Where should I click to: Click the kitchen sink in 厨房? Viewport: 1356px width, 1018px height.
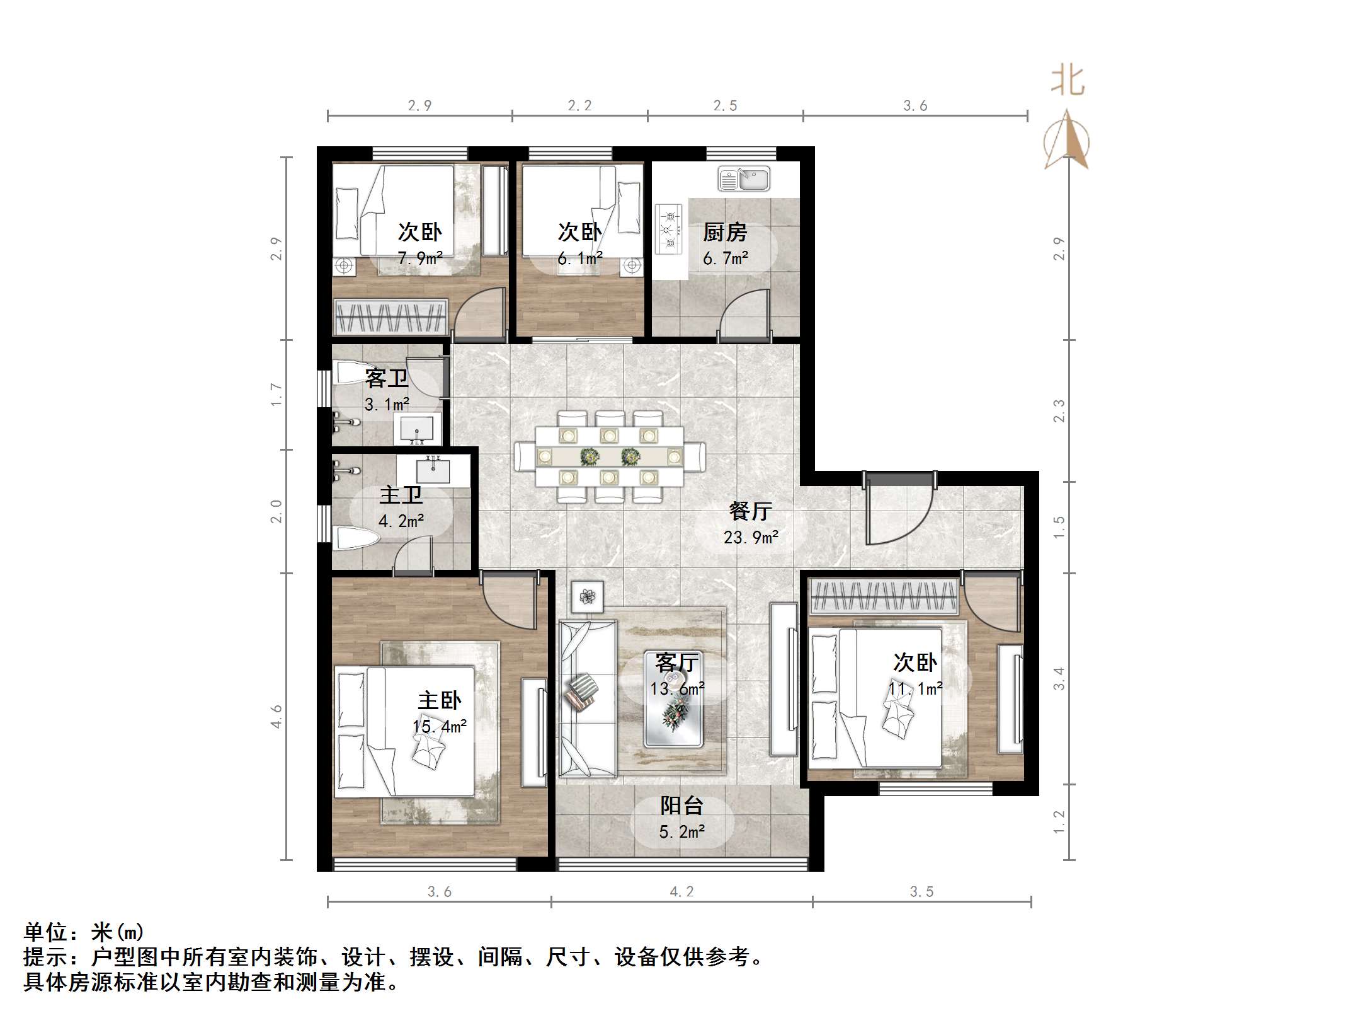pyautogui.click(x=743, y=180)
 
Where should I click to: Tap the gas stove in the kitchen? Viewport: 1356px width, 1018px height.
pyautogui.click(x=668, y=229)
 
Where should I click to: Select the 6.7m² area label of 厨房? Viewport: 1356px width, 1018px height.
pyautogui.click(x=726, y=259)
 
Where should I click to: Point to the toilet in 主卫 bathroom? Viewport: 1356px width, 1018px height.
pyautogui.click(x=355, y=538)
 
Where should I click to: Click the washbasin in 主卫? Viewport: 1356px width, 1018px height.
pyautogui.click(x=433, y=470)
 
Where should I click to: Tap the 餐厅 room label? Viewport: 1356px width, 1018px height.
pyautogui.click(x=749, y=511)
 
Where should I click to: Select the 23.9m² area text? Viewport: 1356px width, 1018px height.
pyautogui.click(x=751, y=538)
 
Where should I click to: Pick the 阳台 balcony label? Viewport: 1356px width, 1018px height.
pyautogui.click(x=681, y=806)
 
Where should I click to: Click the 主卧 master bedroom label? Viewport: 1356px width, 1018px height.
pyautogui.click(x=439, y=700)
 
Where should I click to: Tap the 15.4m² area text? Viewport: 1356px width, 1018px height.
pyautogui.click(x=439, y=727)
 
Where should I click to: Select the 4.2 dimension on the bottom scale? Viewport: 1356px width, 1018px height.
pyautogui.click(x=681, y=891)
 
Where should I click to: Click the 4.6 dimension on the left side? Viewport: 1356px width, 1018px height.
pyautogui.click(x=276, y=716)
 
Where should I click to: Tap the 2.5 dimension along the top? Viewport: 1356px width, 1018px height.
pyautogui.click(x=725, y=106)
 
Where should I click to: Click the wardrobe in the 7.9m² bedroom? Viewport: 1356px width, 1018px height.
pyautogui.click(x=390, y=316)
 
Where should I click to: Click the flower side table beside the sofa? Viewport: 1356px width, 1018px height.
pyautogui.click(x=587, y=596)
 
